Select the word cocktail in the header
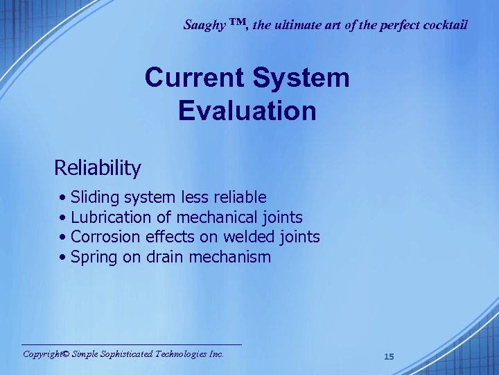point(444,26)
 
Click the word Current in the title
point(195,78)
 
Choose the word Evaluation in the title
point(247,110)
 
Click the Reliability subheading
point(98,168)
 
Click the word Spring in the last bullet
point(94,258)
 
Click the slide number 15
point(389,357)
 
